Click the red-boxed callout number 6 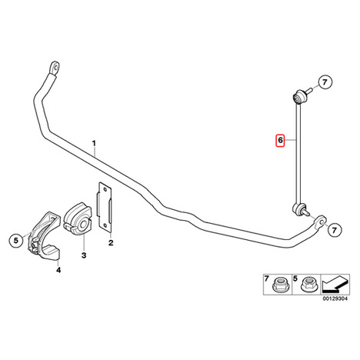point(280,140)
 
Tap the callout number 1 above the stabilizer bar point(94,143)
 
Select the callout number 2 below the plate point(111,242)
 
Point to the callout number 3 point(84,255)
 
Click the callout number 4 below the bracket point(58,270)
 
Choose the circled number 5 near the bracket point(16,241)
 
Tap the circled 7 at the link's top point(325,82)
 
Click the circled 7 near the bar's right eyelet point(335,230)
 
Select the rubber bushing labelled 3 point(77,218)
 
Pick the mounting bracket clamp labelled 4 point(44,236)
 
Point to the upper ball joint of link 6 point(300,96)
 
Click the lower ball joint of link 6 point(300,208)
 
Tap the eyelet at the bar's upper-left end point(55,67)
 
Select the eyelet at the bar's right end point(320,221)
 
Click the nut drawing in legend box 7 point(280,285)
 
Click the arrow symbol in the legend point(335,285)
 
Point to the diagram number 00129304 point(335,299)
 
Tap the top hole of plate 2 point(105,189)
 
